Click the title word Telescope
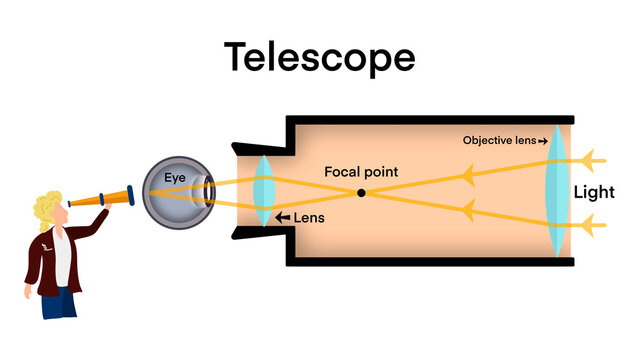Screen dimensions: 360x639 coord(319,57)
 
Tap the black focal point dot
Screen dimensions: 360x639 coord(361,192)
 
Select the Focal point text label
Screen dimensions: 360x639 coord(361,172)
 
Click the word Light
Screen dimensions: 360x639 coord(594,192)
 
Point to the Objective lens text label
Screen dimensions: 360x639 coord(500,141)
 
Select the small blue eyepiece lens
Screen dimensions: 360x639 coord(264,190)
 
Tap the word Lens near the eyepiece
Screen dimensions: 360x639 coord(309,217)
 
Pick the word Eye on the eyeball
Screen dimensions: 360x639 coord(176,178)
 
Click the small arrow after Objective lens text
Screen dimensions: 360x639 coord(544,141)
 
